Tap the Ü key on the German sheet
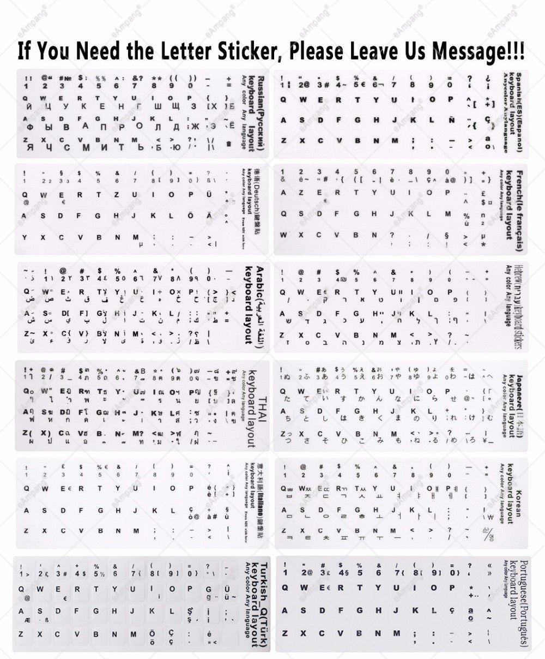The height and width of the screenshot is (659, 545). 209,195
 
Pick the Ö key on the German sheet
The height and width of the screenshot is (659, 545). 190,215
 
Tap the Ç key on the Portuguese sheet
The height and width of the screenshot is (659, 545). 451,610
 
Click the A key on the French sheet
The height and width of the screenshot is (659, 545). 283,193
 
